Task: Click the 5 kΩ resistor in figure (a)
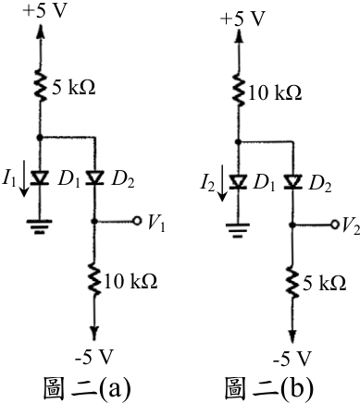point(40,87)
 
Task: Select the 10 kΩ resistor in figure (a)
point(94,279)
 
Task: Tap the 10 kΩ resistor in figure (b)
point(238,91)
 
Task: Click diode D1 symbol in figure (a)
point(40,178)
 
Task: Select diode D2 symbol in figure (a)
point(95,178)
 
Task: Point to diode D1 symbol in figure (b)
point(238,182)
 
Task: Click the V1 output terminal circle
point(137,221)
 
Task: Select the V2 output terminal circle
point(335,225)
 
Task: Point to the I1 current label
point(8,178)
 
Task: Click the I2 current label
point(207,183)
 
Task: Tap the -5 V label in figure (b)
point(292,359)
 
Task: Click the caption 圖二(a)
point(86,387)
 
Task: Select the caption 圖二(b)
point(268,387)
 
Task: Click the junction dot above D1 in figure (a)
point(40,138)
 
